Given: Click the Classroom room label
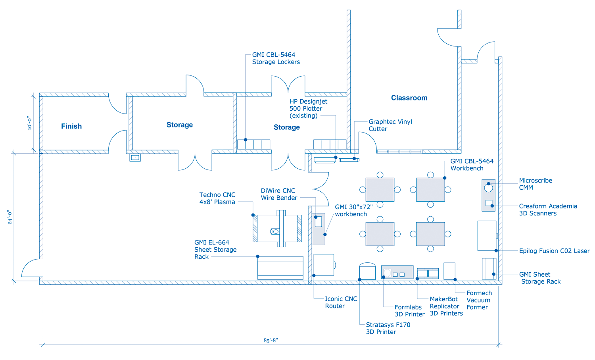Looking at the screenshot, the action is click(x=409, y=98).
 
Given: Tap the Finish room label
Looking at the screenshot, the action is click(x=71, y=126).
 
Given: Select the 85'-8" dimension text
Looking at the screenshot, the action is click(x=271, y=340).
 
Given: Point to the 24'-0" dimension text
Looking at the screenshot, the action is click(x=10, y=217).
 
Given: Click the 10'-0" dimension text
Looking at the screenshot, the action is click(x=29, y=123).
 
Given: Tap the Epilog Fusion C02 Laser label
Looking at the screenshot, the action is click(x=555, y=251).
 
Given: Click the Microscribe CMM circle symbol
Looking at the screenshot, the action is click(x=488, y=188).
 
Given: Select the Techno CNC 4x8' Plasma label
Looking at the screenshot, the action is click(x=217, y=198).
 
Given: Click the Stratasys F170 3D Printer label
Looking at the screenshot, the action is click(x=388, y=328).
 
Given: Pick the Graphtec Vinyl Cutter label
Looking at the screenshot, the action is click(x=390, y=125).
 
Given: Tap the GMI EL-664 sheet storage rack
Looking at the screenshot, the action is click(x=280, y=268).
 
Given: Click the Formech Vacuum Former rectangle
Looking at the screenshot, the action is click(x=449, y=271).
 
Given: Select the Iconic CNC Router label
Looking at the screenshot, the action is click(x=341, y=302).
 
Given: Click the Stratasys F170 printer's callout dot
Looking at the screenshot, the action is click(x=359, y=279).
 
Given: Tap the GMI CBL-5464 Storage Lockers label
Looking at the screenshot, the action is click(x=276, y=58).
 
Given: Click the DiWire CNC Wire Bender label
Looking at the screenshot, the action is click(x=279, y=194).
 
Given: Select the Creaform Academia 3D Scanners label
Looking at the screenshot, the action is click(x=548, y=210).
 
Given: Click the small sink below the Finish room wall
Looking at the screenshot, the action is click(x=135, y=158).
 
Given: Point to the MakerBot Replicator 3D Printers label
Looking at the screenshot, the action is click(x=446, y=306).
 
